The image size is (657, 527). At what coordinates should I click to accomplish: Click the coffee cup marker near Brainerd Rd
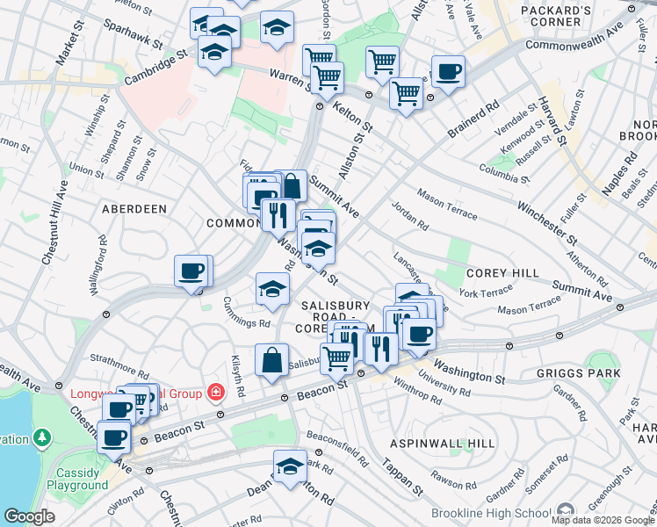tap(448, 72)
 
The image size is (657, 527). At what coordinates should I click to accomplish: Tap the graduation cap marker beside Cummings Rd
tap(272, 289)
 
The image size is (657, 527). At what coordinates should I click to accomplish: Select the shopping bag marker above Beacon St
tap(272, 360)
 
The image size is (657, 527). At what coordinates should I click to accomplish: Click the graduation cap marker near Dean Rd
tap(290, 467)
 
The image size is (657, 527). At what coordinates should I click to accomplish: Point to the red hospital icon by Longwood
tap(214, 390)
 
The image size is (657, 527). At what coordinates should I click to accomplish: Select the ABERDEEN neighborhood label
tap(134, 209)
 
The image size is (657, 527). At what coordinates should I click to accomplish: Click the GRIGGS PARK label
tap(578, 373)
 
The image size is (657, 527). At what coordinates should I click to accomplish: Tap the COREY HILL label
tap(502, 273)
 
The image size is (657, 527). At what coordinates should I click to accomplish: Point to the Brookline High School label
tap(488, 513)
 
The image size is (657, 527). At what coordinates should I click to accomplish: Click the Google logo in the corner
tap(29, 517)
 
